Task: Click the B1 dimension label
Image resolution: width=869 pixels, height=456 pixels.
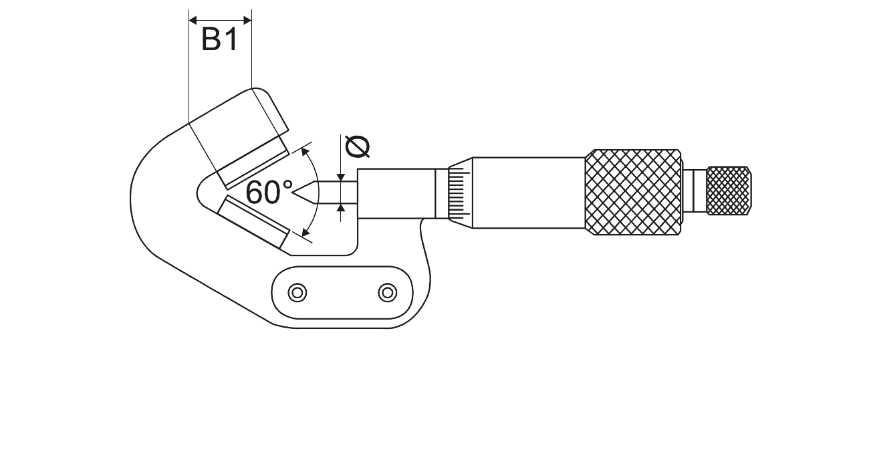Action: pyautogui.click(x=219, y=39)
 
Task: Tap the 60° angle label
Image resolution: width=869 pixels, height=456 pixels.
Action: pyautogui.click(x=269, y=192)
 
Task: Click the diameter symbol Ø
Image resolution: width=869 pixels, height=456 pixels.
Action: pyautogui.click(x=357, y=146)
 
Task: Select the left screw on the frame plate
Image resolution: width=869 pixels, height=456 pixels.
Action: pyautogui.click(x=297, y=293)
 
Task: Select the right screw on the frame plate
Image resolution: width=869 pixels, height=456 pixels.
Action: pyautogui.click(x=388, y=293)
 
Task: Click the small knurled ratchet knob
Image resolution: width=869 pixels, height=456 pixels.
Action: pyautogui.click(x=729, y=191)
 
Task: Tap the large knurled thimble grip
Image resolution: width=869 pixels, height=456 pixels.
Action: pyautogui.click(x=634, y=193)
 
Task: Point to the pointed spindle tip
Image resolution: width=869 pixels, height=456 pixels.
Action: pyautogui.click(x=293, y=192)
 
